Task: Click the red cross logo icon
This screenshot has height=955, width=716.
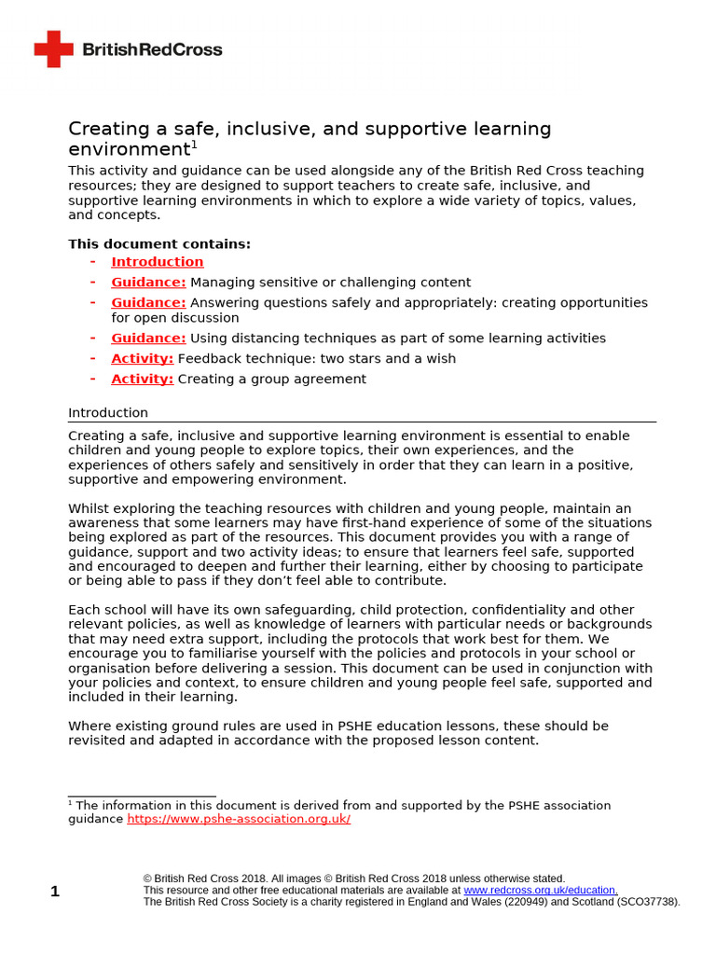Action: pyautogui.click(x=53, y=48)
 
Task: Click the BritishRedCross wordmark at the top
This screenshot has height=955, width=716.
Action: pyautogui.click(x=153, y=49)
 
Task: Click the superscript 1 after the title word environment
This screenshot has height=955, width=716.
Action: pyautogui.click(x=194, y=145)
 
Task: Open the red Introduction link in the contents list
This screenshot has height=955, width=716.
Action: pyautogui.click(x=157, y=262)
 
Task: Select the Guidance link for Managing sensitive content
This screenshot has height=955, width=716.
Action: pyautogui.click(x=148, y=283)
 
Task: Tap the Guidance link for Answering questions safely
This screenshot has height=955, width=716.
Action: pyautogui.click(x=148, y=303)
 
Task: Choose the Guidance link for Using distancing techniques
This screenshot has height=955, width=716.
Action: pyautogui.click(x=148, y=339)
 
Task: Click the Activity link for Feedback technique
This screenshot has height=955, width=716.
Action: pyautogui.click(x=142, y=359)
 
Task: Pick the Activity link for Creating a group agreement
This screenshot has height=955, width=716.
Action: pyautogui.click(x=142, y=380)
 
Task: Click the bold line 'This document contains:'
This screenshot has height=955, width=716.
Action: pyautogui.click(x=159, y=244)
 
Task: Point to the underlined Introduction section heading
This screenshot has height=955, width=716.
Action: pyautogui.click(x=108, y=413)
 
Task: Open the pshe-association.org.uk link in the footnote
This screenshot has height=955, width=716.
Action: pyautogui.click(x=239, y=819)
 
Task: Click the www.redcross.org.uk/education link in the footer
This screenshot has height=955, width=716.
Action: pyautogui.click(x=540, y=891)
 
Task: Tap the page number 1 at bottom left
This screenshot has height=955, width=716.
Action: pyautogui.click(x=55, y=892)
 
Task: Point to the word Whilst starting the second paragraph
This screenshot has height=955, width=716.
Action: pyautogui.click(x=89, y=508)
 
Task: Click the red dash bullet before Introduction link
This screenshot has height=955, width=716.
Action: pyautogui.click(x=93, y=262)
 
